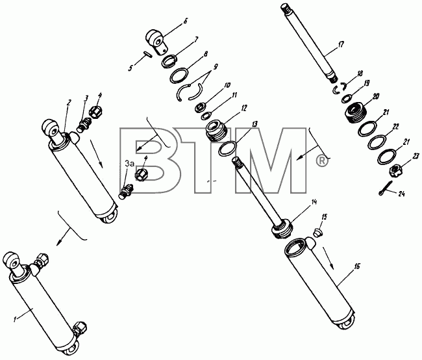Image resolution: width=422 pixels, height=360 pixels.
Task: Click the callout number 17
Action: tap(341, 44)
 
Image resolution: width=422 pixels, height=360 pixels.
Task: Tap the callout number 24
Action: tap(401, 194)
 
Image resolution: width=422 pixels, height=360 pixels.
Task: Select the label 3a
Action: tap(129, 163)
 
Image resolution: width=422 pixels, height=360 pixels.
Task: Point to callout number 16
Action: tap(357, 266)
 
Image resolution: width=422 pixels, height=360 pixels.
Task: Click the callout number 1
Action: tap(15, 319)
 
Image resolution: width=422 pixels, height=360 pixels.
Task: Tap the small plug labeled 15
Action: tap(318, 233)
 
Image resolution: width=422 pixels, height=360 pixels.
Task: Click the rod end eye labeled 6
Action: tap(157, 42)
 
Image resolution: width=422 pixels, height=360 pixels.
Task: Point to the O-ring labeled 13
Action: tap(228, 148)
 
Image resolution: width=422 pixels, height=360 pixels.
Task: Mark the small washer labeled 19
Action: tap(346, 99)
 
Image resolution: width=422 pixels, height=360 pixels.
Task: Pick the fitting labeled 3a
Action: tap(126, 191)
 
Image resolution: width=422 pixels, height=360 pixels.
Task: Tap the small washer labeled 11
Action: tap(206, 116)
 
